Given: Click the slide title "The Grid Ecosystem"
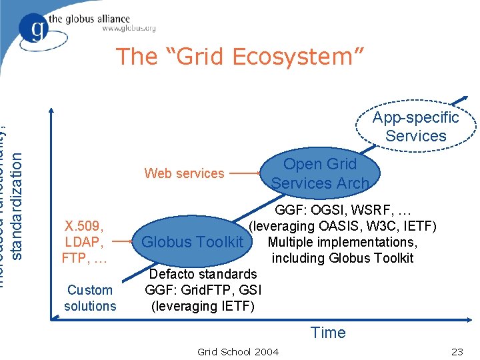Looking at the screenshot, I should [240, 57].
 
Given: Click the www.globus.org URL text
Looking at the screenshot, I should [129, 28].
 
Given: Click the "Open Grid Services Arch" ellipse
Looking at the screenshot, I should [320, 173].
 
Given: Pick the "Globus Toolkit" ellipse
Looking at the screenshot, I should [193, 242].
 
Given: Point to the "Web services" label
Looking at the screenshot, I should [185, 173].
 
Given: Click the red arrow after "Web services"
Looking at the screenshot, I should [246, 174].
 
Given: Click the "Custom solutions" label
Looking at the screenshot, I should [90, 298].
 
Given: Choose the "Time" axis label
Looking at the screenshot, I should [328, 332].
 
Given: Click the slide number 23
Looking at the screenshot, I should [457, 351].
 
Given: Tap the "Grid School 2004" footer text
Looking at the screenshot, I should [238, 351].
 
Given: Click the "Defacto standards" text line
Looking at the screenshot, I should [203, 274].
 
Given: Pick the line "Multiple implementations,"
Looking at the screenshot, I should [342, 242].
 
